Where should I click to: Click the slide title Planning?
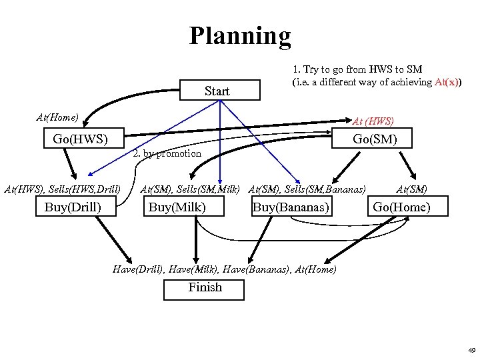point(240,36)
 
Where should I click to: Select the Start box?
point(217,91)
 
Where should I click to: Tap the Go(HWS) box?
point(75,139)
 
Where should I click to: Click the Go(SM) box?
point(374,139)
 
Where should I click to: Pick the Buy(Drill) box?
point(73,207)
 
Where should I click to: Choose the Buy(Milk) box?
point(177,207)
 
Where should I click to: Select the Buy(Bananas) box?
point(291,207)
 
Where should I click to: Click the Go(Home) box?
point(401,207)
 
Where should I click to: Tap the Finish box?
point(205,288)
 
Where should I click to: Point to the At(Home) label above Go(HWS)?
point(57,117)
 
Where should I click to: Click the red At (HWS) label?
point(373,121)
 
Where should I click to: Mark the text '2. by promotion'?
point(167,154)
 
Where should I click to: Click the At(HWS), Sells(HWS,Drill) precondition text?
point(62,190)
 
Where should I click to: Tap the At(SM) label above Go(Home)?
point(411,190)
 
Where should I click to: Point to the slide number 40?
point(471,350)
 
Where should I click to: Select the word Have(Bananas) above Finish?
point(255,269)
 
